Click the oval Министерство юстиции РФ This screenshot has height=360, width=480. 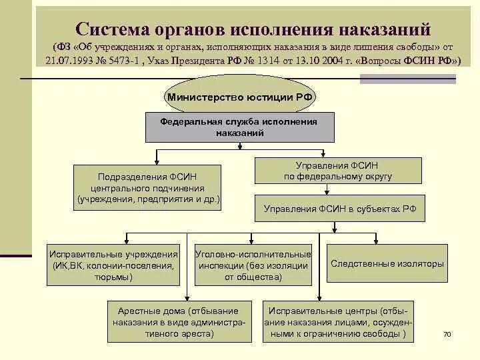coord(240,97)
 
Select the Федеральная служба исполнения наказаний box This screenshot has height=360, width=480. coord(239,127)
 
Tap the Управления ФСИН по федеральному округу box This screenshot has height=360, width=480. coord(339,171)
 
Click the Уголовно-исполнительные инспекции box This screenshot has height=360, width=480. coord(253,265)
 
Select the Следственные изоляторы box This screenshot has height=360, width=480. coord(387,263)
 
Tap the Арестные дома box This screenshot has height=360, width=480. coord(177,321)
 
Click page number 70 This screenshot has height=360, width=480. coord(447,333)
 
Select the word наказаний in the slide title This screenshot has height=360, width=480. coord(385,29)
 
